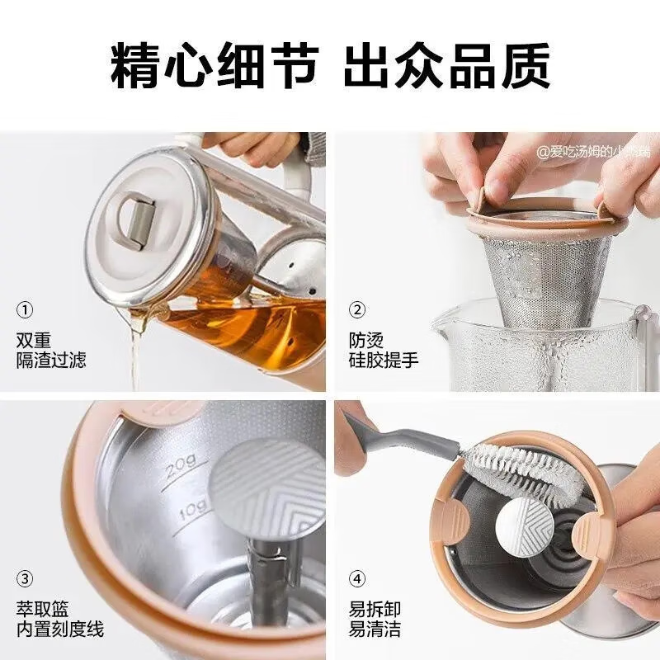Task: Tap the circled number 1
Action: coord(26,310)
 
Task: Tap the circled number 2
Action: coord(357,310)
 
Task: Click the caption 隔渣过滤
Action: coord(51,360)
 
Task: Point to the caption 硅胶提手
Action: coord(384,360)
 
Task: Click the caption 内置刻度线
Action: coord(60,629)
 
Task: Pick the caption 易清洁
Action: coord(375,629)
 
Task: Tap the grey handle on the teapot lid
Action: coord(135,222)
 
